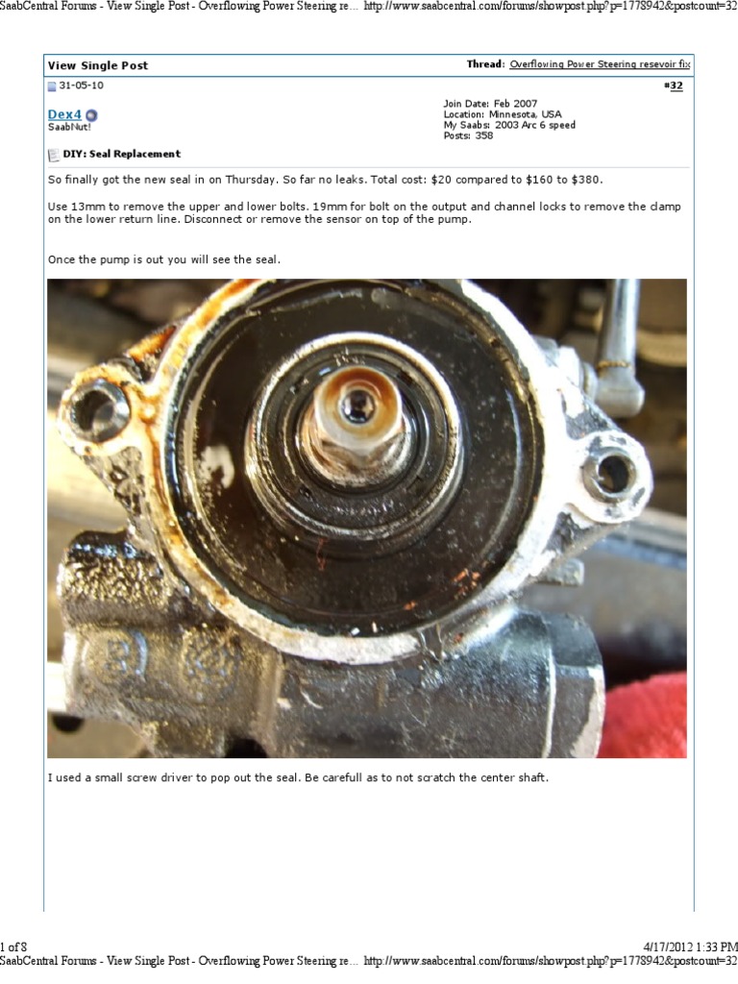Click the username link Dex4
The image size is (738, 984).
click(65, 114)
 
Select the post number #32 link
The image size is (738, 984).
click(674, 86)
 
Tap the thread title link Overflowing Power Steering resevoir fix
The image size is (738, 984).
click(600, 64)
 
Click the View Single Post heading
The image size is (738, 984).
click(98, 65)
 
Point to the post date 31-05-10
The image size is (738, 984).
click(81, 86)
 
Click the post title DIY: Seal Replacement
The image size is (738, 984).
click(121, 154)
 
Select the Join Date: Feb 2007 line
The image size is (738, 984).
click(490, 104)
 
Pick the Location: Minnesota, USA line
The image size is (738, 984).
click(502, 114)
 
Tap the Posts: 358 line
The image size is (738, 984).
click(468, 135)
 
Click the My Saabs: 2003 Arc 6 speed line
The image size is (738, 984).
click(509, 125)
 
